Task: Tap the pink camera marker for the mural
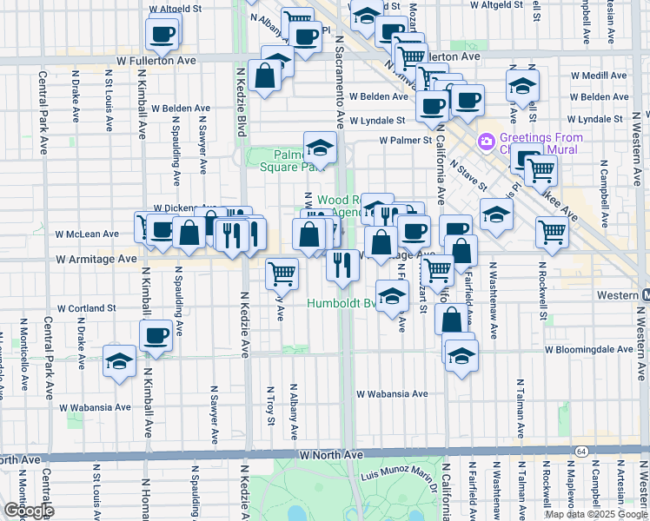point(486,141)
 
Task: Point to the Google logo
point(28,511)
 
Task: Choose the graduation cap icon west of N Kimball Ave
point(118,362)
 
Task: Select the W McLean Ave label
point(87,234)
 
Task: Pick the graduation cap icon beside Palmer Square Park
point(320,149)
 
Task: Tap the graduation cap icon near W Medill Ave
point(522,86)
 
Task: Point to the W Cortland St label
point(87,308)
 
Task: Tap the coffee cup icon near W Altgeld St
point(162,34)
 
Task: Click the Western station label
point(618,295)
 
